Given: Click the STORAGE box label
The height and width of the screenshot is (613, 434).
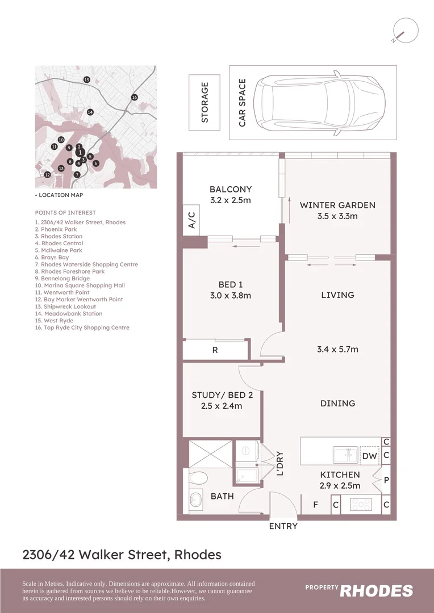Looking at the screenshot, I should click(205, 103).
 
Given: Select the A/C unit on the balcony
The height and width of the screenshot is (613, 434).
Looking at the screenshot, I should click(191, 220).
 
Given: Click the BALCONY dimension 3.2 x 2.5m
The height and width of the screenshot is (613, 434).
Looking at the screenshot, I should click(231, 200).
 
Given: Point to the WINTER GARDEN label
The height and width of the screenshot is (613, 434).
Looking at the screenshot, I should click(337, 205).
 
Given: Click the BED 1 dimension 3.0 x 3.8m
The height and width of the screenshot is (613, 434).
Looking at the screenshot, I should click(231, 295).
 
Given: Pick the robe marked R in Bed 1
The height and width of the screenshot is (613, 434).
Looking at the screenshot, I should click(215, 350).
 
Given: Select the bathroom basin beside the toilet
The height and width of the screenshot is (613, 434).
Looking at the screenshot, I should click(195, 499).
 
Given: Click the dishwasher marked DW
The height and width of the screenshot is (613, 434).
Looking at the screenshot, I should click(369, 455).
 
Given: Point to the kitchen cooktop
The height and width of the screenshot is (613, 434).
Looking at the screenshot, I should click(360, 503).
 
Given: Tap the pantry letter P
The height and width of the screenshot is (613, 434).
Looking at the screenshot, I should click(386, 480).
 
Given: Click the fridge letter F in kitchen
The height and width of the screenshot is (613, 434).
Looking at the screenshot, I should click(316, 504).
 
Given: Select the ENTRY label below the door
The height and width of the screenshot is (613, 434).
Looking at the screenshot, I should click(283, 526).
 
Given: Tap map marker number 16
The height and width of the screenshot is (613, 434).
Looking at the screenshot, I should click(135, 98).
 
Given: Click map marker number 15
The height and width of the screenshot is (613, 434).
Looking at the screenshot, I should click(86, 80).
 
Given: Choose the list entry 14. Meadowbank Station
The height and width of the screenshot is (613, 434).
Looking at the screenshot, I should click(69, 313).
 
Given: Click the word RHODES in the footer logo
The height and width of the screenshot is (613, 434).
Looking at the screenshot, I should click(376, 591).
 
